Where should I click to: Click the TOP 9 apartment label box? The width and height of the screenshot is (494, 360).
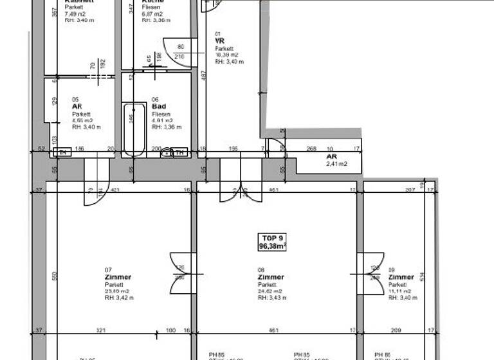272,241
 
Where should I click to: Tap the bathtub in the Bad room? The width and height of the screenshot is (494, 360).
134,128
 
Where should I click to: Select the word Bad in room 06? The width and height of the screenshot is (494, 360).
159,107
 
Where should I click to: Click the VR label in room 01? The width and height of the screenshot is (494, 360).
219,40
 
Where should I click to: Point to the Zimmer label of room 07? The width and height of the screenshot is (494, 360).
118,277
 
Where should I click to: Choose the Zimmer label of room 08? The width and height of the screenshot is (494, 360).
271,277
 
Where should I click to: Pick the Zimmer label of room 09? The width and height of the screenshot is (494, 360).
401,277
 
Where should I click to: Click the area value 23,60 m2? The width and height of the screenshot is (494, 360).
117,291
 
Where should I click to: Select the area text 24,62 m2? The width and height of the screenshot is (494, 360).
270,291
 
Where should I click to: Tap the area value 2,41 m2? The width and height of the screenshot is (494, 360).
336,164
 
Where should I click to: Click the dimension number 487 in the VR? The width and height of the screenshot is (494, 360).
203,75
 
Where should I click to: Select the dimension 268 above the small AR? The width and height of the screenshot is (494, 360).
311,149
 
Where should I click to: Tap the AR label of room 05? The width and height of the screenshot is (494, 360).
77,107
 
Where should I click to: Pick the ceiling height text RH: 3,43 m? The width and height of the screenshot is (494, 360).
271,298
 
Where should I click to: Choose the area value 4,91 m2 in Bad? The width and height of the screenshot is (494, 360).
161,120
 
